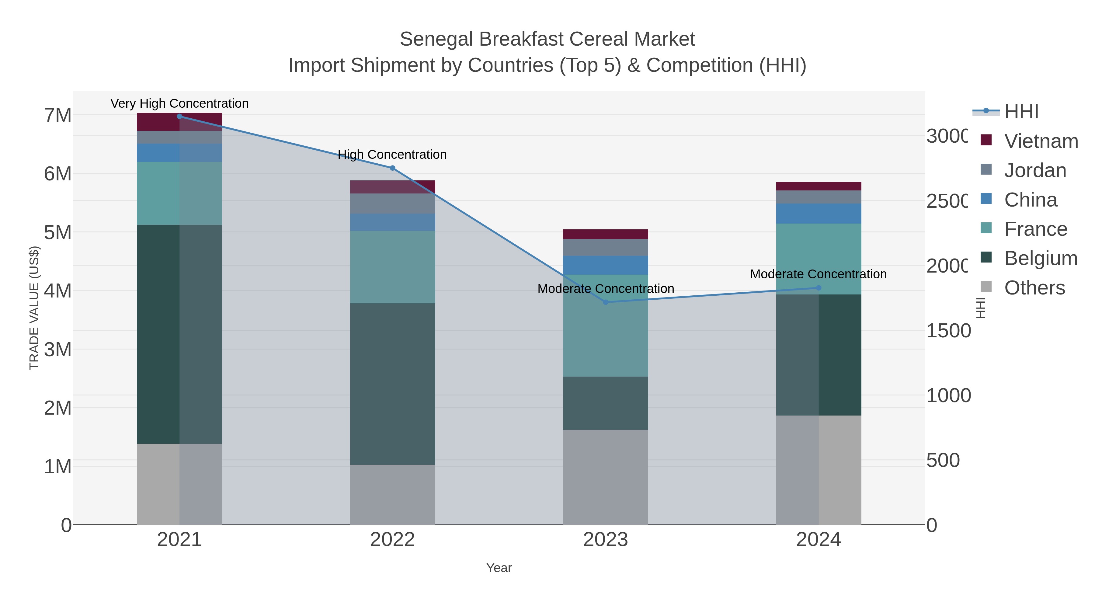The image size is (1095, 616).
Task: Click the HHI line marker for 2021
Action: [179, 117]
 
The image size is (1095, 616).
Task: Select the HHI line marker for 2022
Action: [392, 168]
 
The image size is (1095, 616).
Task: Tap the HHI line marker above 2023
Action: [605, 302]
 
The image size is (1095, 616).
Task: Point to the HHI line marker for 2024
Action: [819, 288]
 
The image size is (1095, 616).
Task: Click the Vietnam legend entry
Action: [1041, 141]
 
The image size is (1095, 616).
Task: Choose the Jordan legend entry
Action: [1035, 170]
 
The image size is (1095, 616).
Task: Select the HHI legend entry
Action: [1021, 112]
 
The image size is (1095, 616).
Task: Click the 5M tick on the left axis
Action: [58, 232]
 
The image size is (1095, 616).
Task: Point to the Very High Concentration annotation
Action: [179, 103]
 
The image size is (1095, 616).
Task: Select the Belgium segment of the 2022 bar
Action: [392, 384]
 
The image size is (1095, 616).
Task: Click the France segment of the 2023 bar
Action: [605, 325]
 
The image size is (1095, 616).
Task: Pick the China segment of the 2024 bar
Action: [819, 214]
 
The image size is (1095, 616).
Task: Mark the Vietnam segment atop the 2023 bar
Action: [605, 234]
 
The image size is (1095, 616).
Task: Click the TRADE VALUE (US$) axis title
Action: [34, 308]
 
